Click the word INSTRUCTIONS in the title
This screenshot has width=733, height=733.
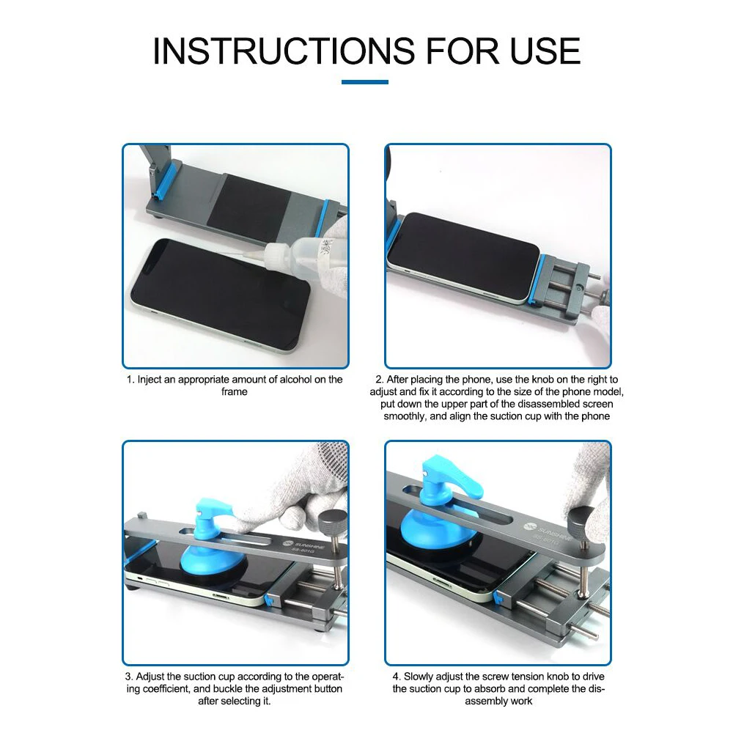(x=284, y=51)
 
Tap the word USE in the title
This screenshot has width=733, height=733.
(x=545, y=51)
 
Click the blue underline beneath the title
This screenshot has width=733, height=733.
(x=364, y=82)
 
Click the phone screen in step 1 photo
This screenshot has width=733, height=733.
(x=221, y=287)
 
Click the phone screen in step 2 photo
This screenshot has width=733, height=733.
(x=463, y=248)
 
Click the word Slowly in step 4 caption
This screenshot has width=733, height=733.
(x=419, y=677)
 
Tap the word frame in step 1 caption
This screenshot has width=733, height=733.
(x=235, y=391)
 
